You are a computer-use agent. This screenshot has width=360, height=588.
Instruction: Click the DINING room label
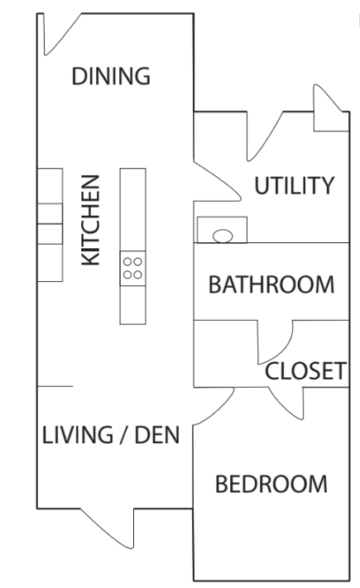[111, 76]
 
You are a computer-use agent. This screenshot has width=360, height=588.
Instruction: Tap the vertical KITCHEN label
[91, 220]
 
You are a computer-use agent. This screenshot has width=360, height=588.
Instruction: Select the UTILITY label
[295, 185]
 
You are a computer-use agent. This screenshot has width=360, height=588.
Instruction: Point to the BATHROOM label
[271, 284]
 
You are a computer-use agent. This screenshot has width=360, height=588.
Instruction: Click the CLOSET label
[305, 371]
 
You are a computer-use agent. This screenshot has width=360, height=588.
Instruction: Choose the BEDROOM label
[271, 484]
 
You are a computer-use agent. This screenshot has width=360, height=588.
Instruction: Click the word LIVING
[77, 435]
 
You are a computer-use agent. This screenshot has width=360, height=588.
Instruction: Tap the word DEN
[157, 435]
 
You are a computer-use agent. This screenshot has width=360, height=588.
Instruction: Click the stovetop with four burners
[133, 268]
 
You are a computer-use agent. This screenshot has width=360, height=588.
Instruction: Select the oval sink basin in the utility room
[223, 236]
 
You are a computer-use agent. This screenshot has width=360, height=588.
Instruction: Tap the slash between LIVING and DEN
[123, 435]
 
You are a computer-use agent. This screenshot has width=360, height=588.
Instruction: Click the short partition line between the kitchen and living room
[55, 386]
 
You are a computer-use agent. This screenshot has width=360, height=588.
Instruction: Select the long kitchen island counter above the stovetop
[133, 209]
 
